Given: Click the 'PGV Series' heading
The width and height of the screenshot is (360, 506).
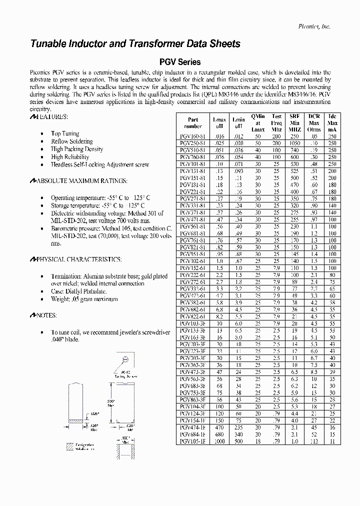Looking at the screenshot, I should [x=179, y=62].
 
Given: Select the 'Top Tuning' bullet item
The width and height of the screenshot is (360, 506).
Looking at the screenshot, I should [x=65, y=133].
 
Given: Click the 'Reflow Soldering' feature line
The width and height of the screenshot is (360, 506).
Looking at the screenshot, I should [x=72, y=141].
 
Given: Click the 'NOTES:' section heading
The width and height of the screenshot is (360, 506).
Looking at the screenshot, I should [x=43, y=315].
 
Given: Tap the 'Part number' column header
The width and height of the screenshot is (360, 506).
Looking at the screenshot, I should [x=193, y=123].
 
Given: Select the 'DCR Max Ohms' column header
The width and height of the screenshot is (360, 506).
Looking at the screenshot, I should [x=314, y=123].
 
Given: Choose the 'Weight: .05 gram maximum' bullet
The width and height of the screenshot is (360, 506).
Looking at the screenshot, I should [x=84, y=299].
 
